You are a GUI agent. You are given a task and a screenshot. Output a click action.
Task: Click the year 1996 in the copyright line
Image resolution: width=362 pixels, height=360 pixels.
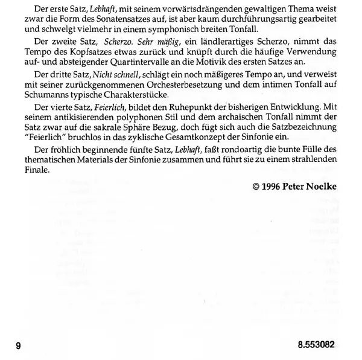pyautogui.click(x=275, y=187)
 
